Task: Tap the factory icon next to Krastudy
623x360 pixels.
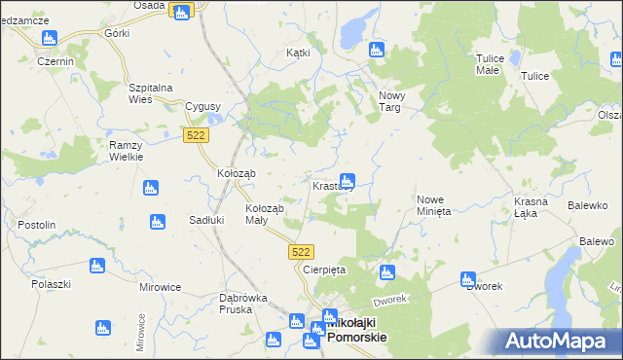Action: [347, 180]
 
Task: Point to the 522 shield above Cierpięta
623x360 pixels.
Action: [301, 251]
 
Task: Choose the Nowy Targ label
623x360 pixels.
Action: [390, 101]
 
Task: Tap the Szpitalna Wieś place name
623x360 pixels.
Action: [151, 93]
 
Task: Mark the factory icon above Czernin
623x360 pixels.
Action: [49, 39]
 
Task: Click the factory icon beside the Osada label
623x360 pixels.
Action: [180, 11]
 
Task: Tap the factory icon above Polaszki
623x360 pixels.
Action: [96, 265]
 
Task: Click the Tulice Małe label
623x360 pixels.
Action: [488, 64]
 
